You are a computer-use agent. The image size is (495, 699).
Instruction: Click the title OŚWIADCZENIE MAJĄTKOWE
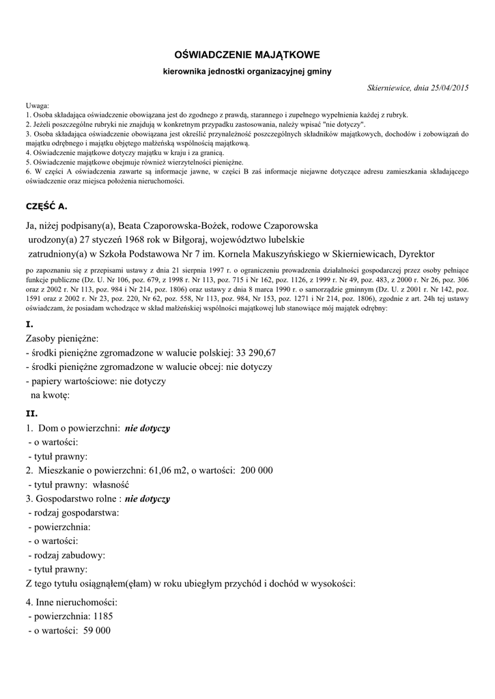tap(247, 54)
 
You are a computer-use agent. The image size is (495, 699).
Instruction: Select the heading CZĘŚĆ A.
tap(46, 205)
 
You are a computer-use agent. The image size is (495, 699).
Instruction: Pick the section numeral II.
tap(31, 414)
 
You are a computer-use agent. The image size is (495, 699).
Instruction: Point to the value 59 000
tap(96, 631)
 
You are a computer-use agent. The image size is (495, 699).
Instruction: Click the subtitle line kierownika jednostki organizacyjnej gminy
tap(247, 72)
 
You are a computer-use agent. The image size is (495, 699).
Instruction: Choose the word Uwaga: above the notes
tap(38, 106)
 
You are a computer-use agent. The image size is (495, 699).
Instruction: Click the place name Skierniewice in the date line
tap(390, 88)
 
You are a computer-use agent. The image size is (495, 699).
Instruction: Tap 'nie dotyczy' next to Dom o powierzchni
tap(147, 428)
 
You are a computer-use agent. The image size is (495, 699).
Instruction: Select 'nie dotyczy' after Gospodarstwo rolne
tap(147, 499)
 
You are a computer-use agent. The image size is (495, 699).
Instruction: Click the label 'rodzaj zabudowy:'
tap(66, 555)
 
